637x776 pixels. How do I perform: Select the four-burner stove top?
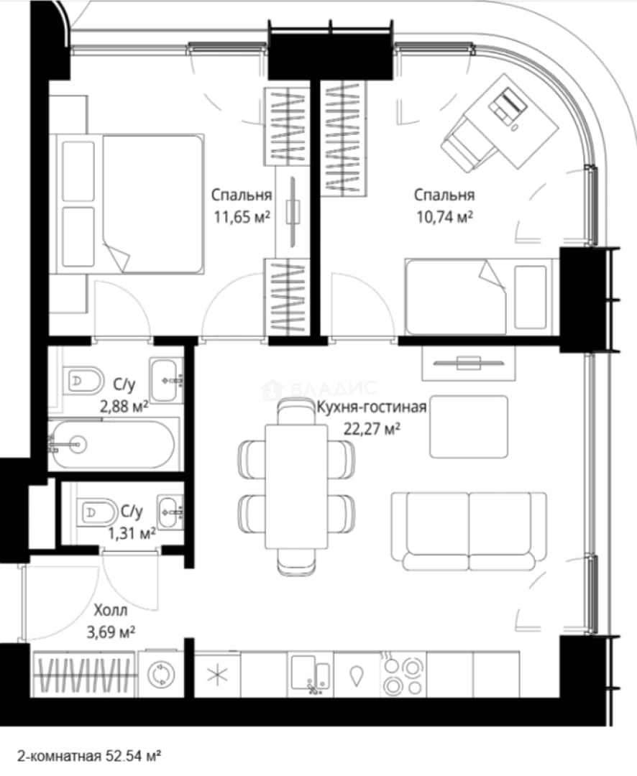click(403, 673)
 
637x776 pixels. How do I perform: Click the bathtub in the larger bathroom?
click(112, 445)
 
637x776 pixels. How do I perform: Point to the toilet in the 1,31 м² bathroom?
click(96, 512)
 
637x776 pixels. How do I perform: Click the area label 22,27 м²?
click(372, 428)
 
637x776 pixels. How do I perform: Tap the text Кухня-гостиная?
click(372, 407)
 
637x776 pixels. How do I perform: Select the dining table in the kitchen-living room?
click(296, 486)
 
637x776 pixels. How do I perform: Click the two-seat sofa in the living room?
click(469, 530)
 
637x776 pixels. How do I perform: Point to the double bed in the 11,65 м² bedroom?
click(131, 203)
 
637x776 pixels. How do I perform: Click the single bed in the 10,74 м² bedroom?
click(479, 297)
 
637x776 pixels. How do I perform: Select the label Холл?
click(111, 610)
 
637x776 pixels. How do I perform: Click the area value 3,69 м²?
click(111, 632)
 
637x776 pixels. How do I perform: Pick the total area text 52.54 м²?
click(133, 756)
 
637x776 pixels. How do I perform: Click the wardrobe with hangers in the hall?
click(83, 674)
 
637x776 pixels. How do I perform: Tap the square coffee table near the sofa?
click(469, 426)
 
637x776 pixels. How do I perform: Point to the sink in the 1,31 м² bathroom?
click(170, 512)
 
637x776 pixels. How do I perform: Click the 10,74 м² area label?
click(444, 217)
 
